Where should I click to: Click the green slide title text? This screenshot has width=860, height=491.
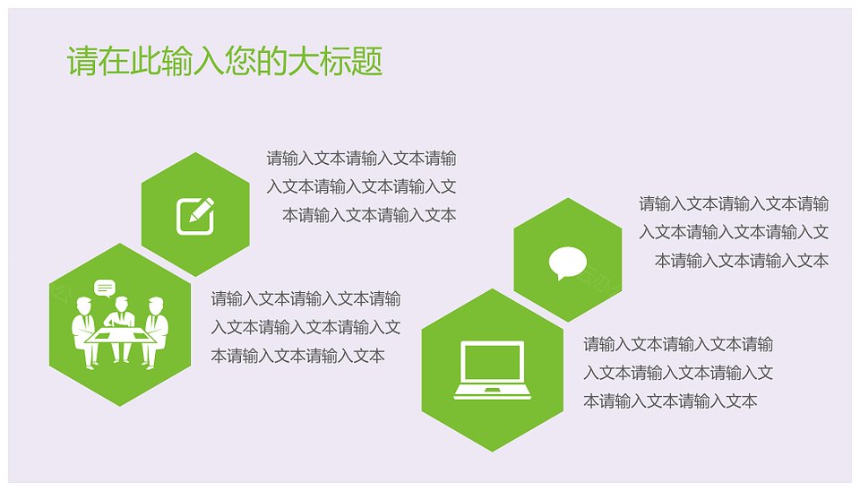point(224,61)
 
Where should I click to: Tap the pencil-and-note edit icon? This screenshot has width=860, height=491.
point(195,216)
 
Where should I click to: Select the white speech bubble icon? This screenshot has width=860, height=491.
point(568,263)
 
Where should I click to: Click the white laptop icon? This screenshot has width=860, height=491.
point(493,370)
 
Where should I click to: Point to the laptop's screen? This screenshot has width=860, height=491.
point(493,362)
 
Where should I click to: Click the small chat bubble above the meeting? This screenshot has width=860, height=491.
point(105,288)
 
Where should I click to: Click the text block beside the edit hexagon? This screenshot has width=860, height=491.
point(361,186)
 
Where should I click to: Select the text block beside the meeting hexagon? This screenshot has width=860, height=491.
point(305,327)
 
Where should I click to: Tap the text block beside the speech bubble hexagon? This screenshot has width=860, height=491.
point(734,232)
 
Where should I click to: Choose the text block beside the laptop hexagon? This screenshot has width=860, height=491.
point(678,373)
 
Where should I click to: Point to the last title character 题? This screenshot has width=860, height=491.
point(367,61)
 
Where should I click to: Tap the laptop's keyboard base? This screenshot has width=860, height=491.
point(493,392)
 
